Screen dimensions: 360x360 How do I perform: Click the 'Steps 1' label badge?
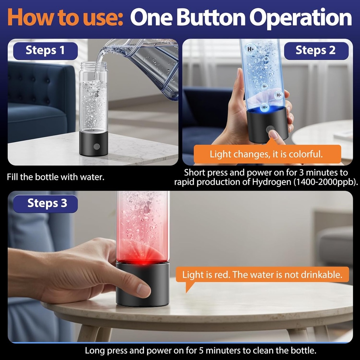(45, 51)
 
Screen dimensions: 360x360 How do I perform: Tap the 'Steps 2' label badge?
(316, 51)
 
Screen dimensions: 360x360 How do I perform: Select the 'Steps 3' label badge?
(47, 204)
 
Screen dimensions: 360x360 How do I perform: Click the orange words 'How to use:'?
(65, 17)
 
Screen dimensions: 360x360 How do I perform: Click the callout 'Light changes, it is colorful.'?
(266, 154)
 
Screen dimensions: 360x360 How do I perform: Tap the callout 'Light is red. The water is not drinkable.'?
(262, 275)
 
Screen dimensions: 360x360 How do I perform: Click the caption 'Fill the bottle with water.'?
(56, 177)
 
